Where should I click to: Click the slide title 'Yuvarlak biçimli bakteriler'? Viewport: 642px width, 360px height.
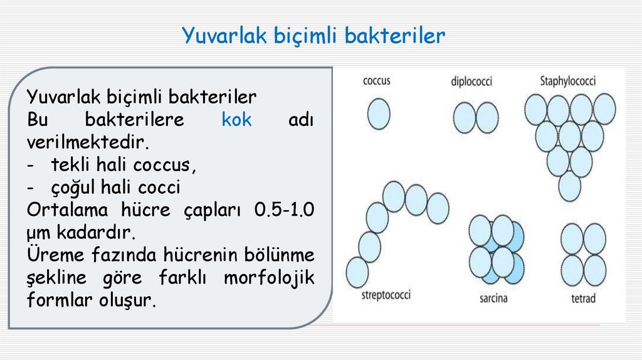[313, 36]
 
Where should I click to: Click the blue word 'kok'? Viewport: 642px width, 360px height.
[236, 120]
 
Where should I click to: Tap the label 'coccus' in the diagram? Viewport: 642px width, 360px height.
[376, 81]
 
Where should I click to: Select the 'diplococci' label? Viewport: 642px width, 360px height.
[471, 82]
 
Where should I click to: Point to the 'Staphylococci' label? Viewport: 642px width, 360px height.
[567, 81]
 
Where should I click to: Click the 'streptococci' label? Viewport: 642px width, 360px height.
[386, 294]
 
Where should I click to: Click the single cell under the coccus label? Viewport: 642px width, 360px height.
[379, 115]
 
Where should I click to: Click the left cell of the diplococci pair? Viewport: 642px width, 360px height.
[465, 118]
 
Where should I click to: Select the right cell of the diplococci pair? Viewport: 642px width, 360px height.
[487, 118]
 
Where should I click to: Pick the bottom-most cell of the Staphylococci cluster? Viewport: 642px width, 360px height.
[569, 186]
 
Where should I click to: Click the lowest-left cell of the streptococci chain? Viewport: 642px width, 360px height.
[357, 272]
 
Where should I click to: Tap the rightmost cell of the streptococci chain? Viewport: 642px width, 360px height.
[438, 208]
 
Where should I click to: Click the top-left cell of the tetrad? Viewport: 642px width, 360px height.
[572, 238]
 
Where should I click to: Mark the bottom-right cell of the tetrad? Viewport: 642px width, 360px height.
[594, 270]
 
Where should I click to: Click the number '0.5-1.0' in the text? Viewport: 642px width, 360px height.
[285, 209]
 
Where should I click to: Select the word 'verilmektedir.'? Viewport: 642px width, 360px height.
[88, 142]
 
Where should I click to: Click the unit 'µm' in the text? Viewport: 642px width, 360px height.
[39, 233]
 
